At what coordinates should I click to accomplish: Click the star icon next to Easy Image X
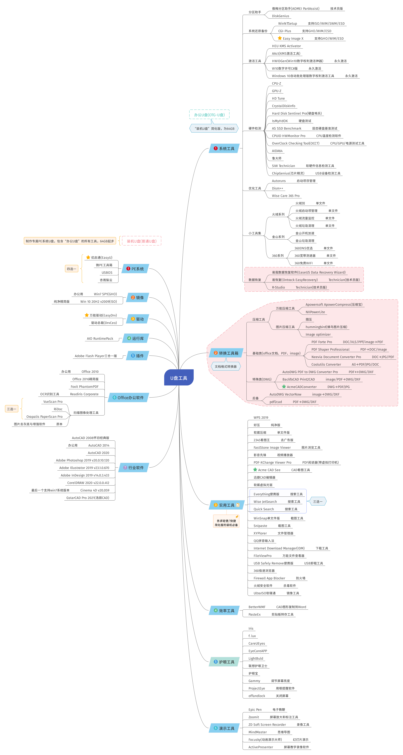coord(280,38)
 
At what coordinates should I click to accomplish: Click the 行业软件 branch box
coord(134,467)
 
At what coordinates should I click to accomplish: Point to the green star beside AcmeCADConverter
coord(284,387)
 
